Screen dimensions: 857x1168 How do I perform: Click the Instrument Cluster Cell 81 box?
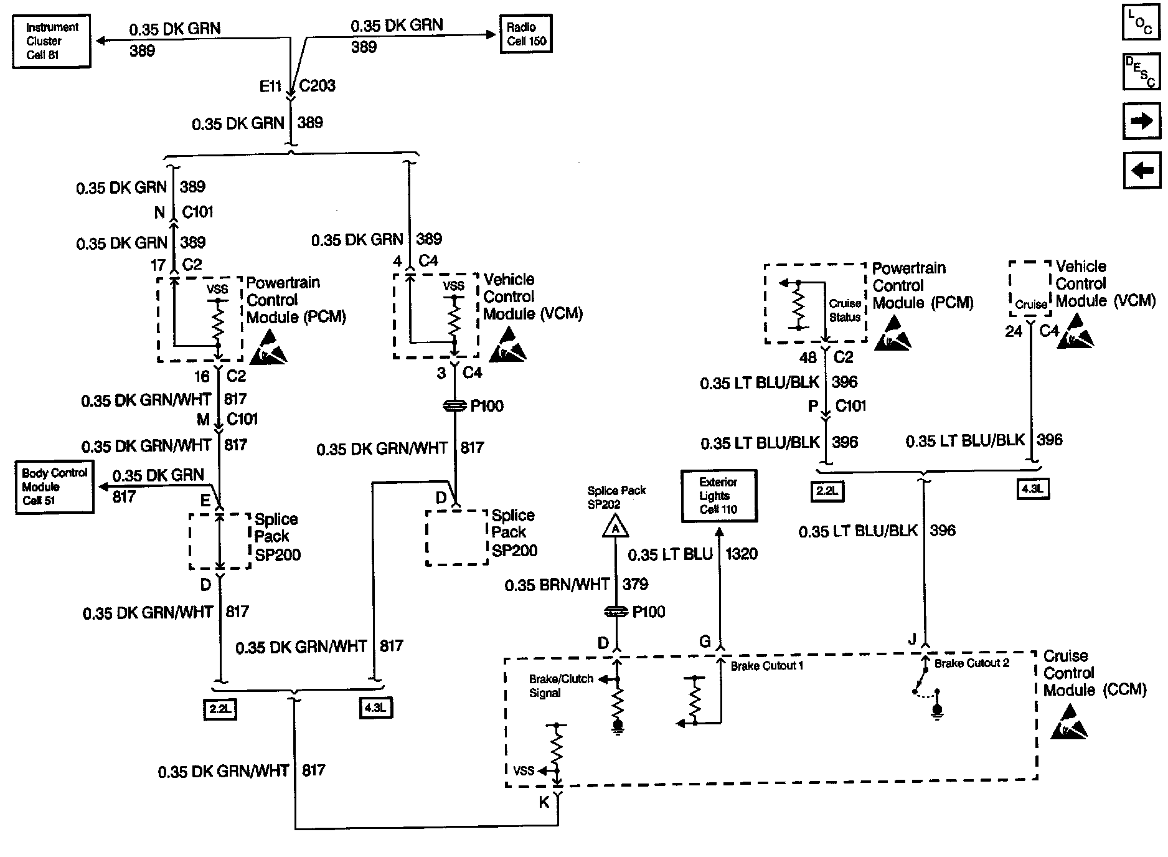51,41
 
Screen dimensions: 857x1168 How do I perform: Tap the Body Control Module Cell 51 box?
54,486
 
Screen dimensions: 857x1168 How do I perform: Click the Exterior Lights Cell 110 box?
718,496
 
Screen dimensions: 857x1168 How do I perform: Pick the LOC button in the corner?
1141,23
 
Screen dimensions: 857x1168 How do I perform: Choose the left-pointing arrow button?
1142,170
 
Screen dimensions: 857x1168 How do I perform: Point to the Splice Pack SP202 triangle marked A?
615,528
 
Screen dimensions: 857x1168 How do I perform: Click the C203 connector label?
317,86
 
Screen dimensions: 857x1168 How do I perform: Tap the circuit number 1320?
742,554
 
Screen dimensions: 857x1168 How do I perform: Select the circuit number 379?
635,584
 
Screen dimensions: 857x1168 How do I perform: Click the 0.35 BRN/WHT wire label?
557,585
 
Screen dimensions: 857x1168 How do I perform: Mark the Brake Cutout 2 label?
971,664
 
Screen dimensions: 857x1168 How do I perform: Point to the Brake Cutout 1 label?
766,666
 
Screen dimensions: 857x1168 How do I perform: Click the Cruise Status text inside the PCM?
845,310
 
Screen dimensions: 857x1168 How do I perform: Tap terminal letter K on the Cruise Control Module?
544,803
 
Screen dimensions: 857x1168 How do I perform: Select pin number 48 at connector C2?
808,358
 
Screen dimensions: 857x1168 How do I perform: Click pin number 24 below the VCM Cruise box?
1014,332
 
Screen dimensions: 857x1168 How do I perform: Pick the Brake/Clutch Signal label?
560,686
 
